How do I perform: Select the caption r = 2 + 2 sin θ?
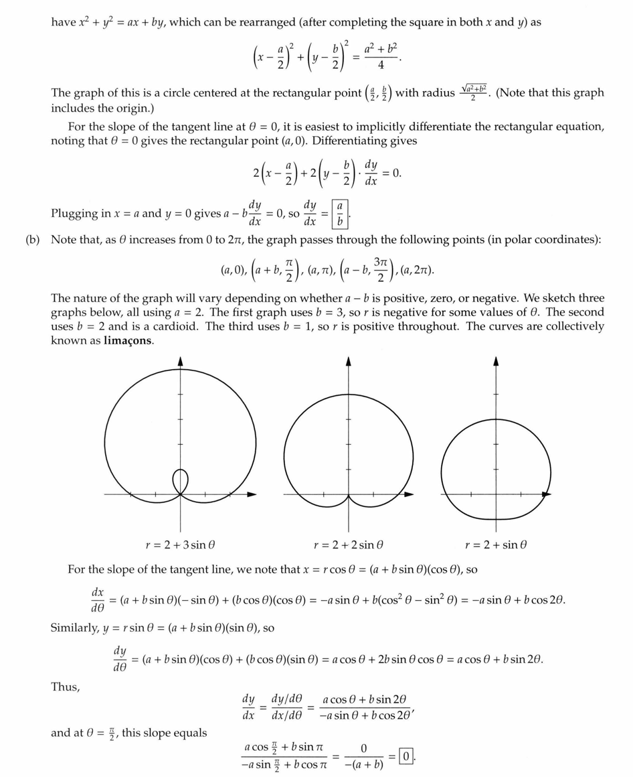point(348,545)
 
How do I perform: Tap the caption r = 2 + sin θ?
point(496,545)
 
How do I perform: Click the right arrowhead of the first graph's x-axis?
point(252,495)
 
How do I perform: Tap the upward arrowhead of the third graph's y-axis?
point(496,360)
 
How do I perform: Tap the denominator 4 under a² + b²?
point(380,66)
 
